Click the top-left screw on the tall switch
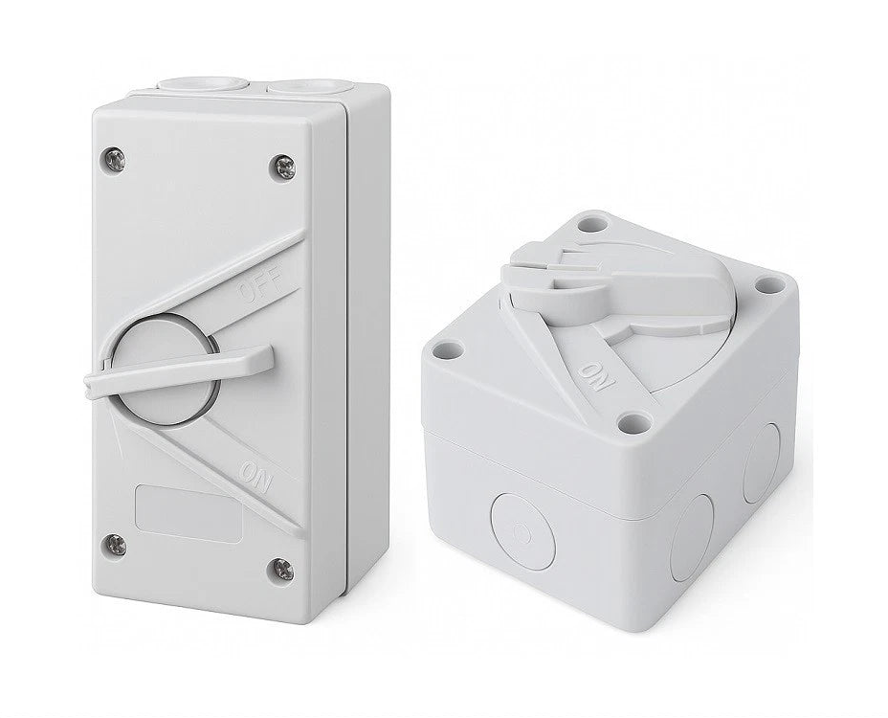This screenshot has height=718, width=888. (115, 160)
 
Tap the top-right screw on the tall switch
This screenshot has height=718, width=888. (284, 167)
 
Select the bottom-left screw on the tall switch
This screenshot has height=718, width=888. (115, 545)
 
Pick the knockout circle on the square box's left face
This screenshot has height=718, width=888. (522, 533)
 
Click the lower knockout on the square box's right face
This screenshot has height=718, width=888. (691, 539)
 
